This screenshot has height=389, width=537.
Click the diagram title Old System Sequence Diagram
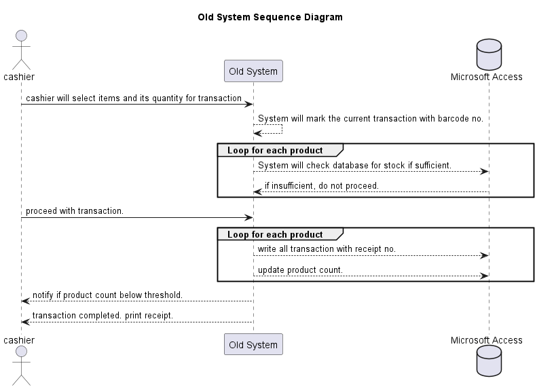coord(270,17)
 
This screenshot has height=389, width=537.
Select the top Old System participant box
coord(253,71)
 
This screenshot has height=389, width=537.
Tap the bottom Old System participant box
coord(253,344)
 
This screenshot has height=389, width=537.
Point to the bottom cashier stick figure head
coord(21,352)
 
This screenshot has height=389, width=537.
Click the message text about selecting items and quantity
coord(133,98)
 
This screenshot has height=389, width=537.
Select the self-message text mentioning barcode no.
coord(370,119)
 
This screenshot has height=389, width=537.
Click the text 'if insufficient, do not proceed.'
coord(321,186)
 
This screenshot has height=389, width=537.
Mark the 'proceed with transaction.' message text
coord(75,211)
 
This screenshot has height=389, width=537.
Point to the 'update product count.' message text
coord(300,270)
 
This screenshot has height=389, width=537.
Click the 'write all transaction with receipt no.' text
coord(327,249)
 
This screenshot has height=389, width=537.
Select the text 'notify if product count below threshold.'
coord(107,295)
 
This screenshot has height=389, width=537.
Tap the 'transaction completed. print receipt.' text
coord(103,316)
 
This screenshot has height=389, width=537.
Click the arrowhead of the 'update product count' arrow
coord(485,276)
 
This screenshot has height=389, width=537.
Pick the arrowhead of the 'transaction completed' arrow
coord(26,322)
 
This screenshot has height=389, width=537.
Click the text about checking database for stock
coord(354,165)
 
